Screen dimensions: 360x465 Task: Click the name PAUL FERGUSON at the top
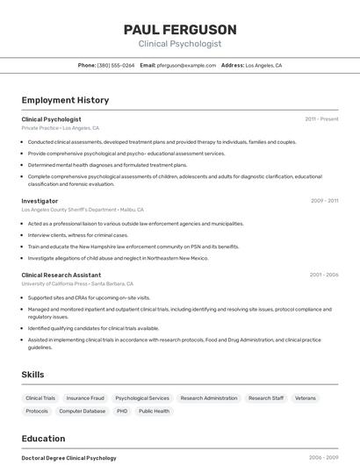click(180, 29)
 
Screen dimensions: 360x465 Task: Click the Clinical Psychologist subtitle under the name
click(180, 44)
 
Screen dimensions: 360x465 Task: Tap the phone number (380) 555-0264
click(116, 66)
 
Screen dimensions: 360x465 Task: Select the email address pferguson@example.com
click(186, 66)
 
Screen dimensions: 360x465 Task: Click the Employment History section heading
click(65, 100)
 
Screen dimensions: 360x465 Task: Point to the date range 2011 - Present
click(321, 119)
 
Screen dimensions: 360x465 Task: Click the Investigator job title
click(40, 201)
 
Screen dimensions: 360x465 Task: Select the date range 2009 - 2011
click(324, 201)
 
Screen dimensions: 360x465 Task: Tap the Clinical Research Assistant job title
click(61, 275)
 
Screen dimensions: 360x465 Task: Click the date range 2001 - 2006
click(324, 275)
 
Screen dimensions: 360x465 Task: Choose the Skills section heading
click(32, 375)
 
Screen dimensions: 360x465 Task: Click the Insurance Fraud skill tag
click(85, 398)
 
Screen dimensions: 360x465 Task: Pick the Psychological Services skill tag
click(142, 398)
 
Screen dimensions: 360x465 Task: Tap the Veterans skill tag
click(305, 398)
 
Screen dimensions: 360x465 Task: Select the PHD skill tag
click(122, 411)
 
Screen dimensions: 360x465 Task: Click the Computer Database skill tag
click(83, 411)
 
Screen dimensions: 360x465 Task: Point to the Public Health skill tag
click(154, 411)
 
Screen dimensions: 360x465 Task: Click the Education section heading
click(43, 439)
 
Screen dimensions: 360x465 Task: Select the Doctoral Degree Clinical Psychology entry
click(68, 458)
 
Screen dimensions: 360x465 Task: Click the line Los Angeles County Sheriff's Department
click(68, 210)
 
